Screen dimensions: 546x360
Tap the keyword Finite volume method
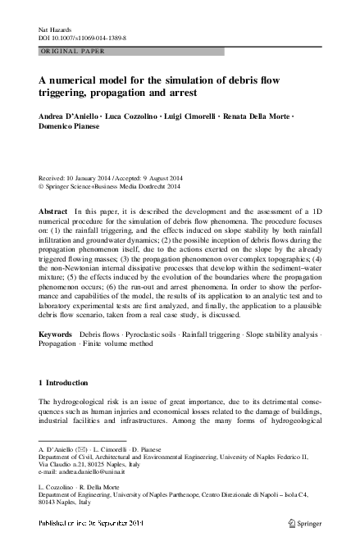pos(128,347)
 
